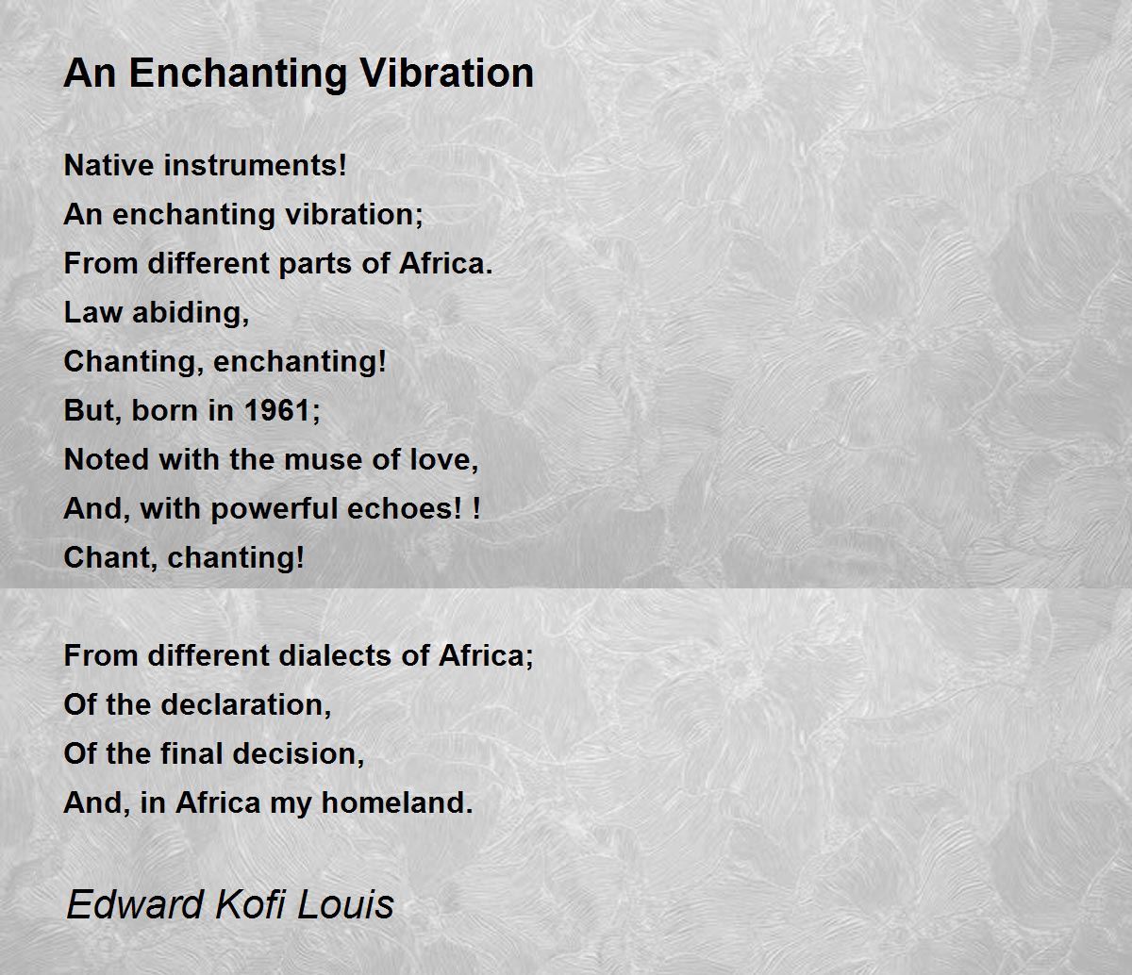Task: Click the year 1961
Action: point(277,410)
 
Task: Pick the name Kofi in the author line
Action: point(250,904)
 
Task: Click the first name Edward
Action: point(135,904)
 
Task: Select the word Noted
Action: point(107,459)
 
